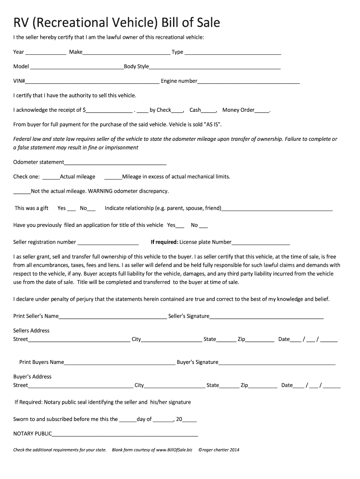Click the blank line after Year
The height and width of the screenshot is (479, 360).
[x=46, y=53]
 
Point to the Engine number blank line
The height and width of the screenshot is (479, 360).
[x=248, y=82]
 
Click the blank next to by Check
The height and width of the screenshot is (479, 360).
[x=178, y=111]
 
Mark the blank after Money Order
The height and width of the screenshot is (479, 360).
[x=262, y=111]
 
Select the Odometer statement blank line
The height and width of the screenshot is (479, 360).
[x=115, y=163]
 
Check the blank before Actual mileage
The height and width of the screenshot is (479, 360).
[x=51, y=177]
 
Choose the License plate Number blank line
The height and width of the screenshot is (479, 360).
[x=261, y=243]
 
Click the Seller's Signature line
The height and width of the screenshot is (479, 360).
[x=266, y=317]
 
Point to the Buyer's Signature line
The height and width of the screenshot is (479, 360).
[x=277, y=363]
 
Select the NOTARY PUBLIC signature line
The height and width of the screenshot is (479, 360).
[x=125, y=434]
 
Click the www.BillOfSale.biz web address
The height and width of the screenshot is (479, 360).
[x=174, y=450]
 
